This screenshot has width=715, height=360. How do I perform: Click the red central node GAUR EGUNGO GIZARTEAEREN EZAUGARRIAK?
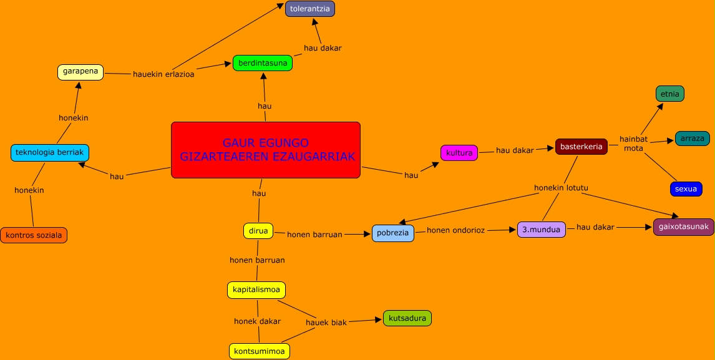(266, 150)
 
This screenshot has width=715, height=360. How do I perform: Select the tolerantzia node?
(310, 9)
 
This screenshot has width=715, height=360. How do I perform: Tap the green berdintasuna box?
(263, 63)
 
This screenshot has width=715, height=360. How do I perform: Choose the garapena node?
(80, 72)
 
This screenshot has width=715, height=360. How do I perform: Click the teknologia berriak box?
(50, 153)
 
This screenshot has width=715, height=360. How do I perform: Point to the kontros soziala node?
(34, 235)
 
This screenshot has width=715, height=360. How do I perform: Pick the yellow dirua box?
(258, 231)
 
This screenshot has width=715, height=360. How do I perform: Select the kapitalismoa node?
(256, 290)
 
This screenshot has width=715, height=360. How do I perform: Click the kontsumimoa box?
(260, 351)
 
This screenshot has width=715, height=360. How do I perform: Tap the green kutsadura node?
(407, 318)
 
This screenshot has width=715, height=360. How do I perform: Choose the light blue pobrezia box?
(393, 233)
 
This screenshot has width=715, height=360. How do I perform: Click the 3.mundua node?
(542, 229)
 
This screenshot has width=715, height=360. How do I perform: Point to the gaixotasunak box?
(684, 227)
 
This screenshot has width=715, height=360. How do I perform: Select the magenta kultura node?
(459, 153)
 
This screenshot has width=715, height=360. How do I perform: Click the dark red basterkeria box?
(581, 147)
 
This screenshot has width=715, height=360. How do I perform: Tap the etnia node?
(670, 94)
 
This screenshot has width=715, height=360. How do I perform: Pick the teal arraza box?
(693, 139)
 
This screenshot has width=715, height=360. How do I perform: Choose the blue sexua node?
(686, 189)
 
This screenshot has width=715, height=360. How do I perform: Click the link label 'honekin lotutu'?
(562, 188)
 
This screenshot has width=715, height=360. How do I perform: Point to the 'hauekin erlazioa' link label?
(163, 74)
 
